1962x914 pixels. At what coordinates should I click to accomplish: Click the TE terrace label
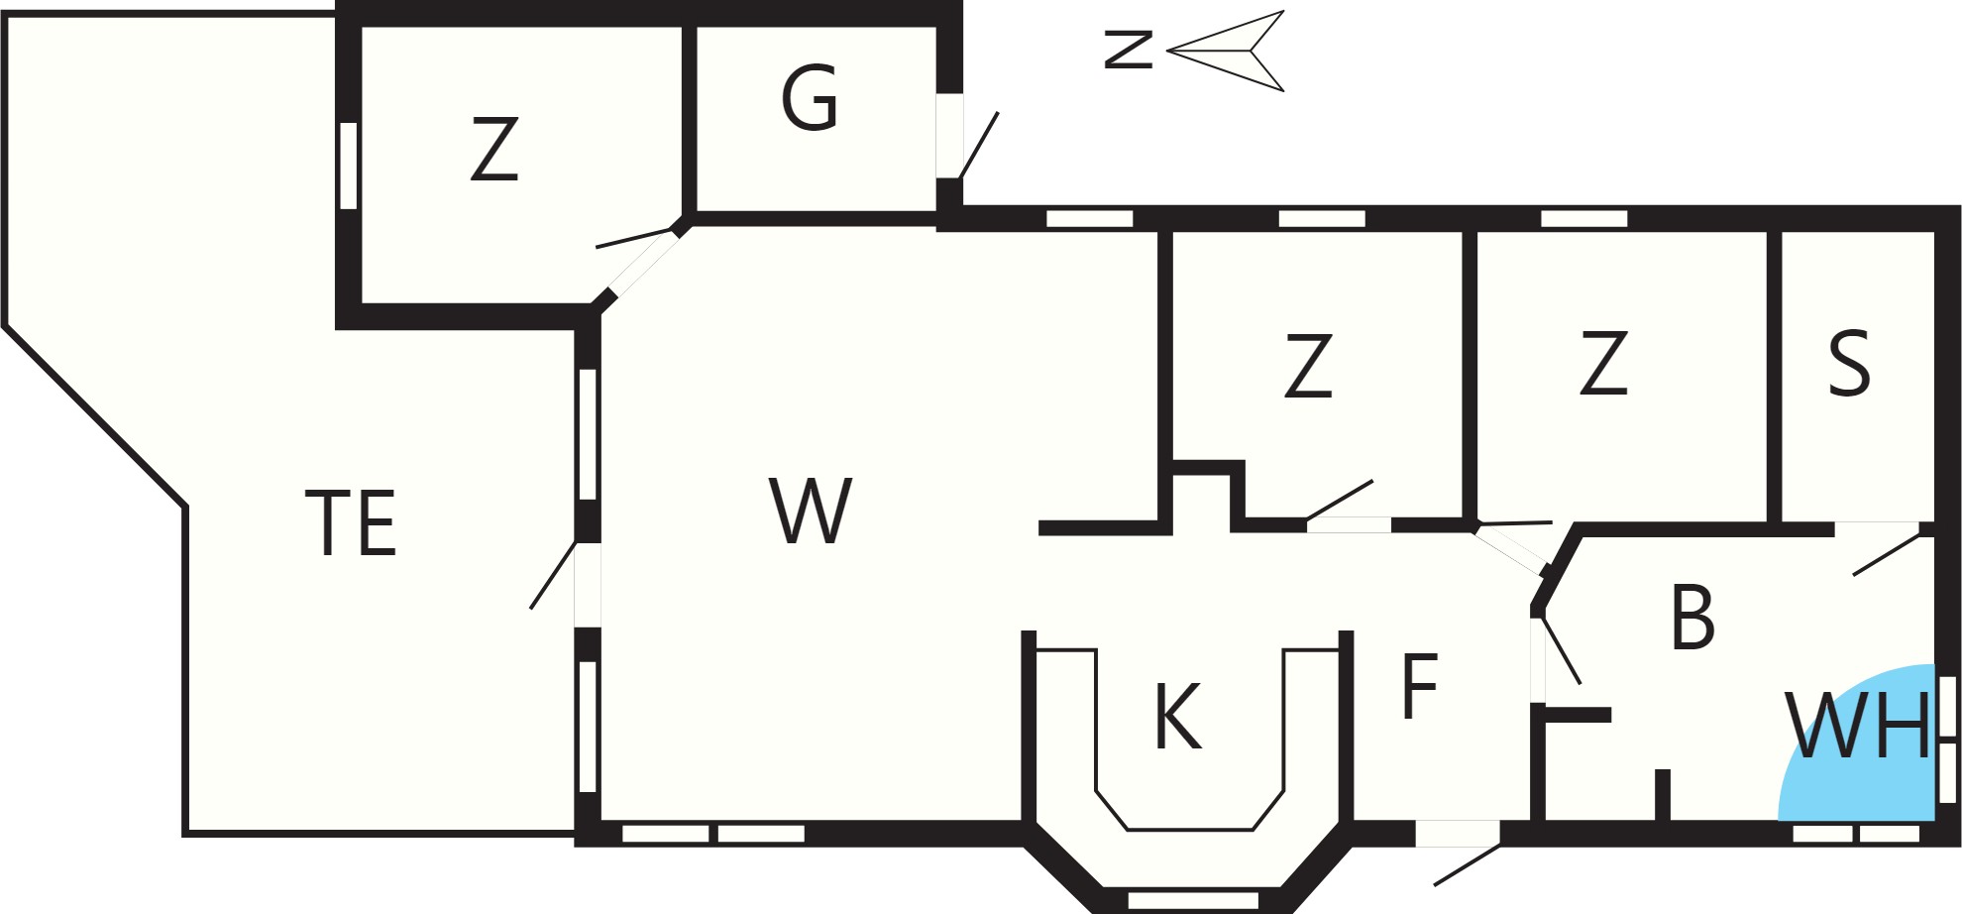tap(351, 521)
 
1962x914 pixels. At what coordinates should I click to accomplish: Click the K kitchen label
tap(1178, 716)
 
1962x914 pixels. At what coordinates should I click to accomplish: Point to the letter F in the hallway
tap(1420, 685)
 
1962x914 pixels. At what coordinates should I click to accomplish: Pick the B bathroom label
tap(1692, 617)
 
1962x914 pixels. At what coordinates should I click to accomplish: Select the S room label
tap(1849, 363)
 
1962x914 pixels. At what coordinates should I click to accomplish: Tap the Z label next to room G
tap(494, 149)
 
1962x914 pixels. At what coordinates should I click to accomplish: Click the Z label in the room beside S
tap(1603, 363)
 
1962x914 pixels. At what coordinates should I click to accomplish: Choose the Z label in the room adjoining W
tap(1308, 366)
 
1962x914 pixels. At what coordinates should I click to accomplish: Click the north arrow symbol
tap(1226, 51)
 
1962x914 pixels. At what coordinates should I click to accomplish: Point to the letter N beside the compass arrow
tap(1129, 50)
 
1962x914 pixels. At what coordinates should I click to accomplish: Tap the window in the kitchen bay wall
tap(1193, 900)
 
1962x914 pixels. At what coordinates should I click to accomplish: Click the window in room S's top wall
tap(1584, 218)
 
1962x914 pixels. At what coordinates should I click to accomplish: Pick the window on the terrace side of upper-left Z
tap(348, 166)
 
